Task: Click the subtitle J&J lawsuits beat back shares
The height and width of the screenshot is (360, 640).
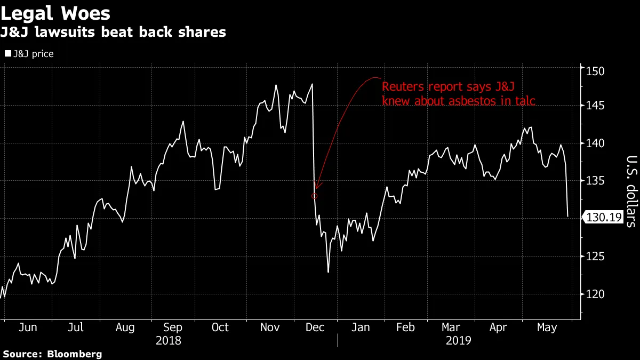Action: tap(113, 33)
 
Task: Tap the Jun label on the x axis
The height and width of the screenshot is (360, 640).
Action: tap(28, 327)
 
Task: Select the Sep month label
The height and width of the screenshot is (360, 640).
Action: tap(172, 327)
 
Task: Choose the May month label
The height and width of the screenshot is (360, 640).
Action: tap(546, 327)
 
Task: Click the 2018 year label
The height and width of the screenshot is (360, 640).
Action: tap(169, 340)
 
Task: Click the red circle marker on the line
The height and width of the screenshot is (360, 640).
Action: tap(314, 196)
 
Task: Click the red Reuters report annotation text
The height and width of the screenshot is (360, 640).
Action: tap(458, 93)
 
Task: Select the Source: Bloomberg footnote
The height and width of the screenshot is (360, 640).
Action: tap(52, 354)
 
